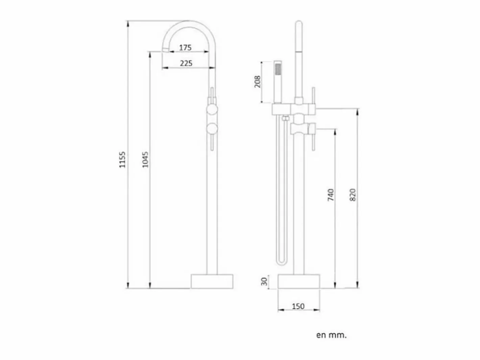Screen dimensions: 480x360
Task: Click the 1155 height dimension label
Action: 123,160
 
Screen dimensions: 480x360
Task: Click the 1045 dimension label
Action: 145,160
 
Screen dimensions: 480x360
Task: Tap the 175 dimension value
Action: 185,48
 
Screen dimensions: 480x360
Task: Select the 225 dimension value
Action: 186,63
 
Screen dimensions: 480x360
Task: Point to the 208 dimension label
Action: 258,82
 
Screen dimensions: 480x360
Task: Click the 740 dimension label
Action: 331,195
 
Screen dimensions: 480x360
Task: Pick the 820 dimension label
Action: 353,195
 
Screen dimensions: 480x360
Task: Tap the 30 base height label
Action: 264,281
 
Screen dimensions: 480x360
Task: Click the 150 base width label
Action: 298,306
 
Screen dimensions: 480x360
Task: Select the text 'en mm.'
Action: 331,335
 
